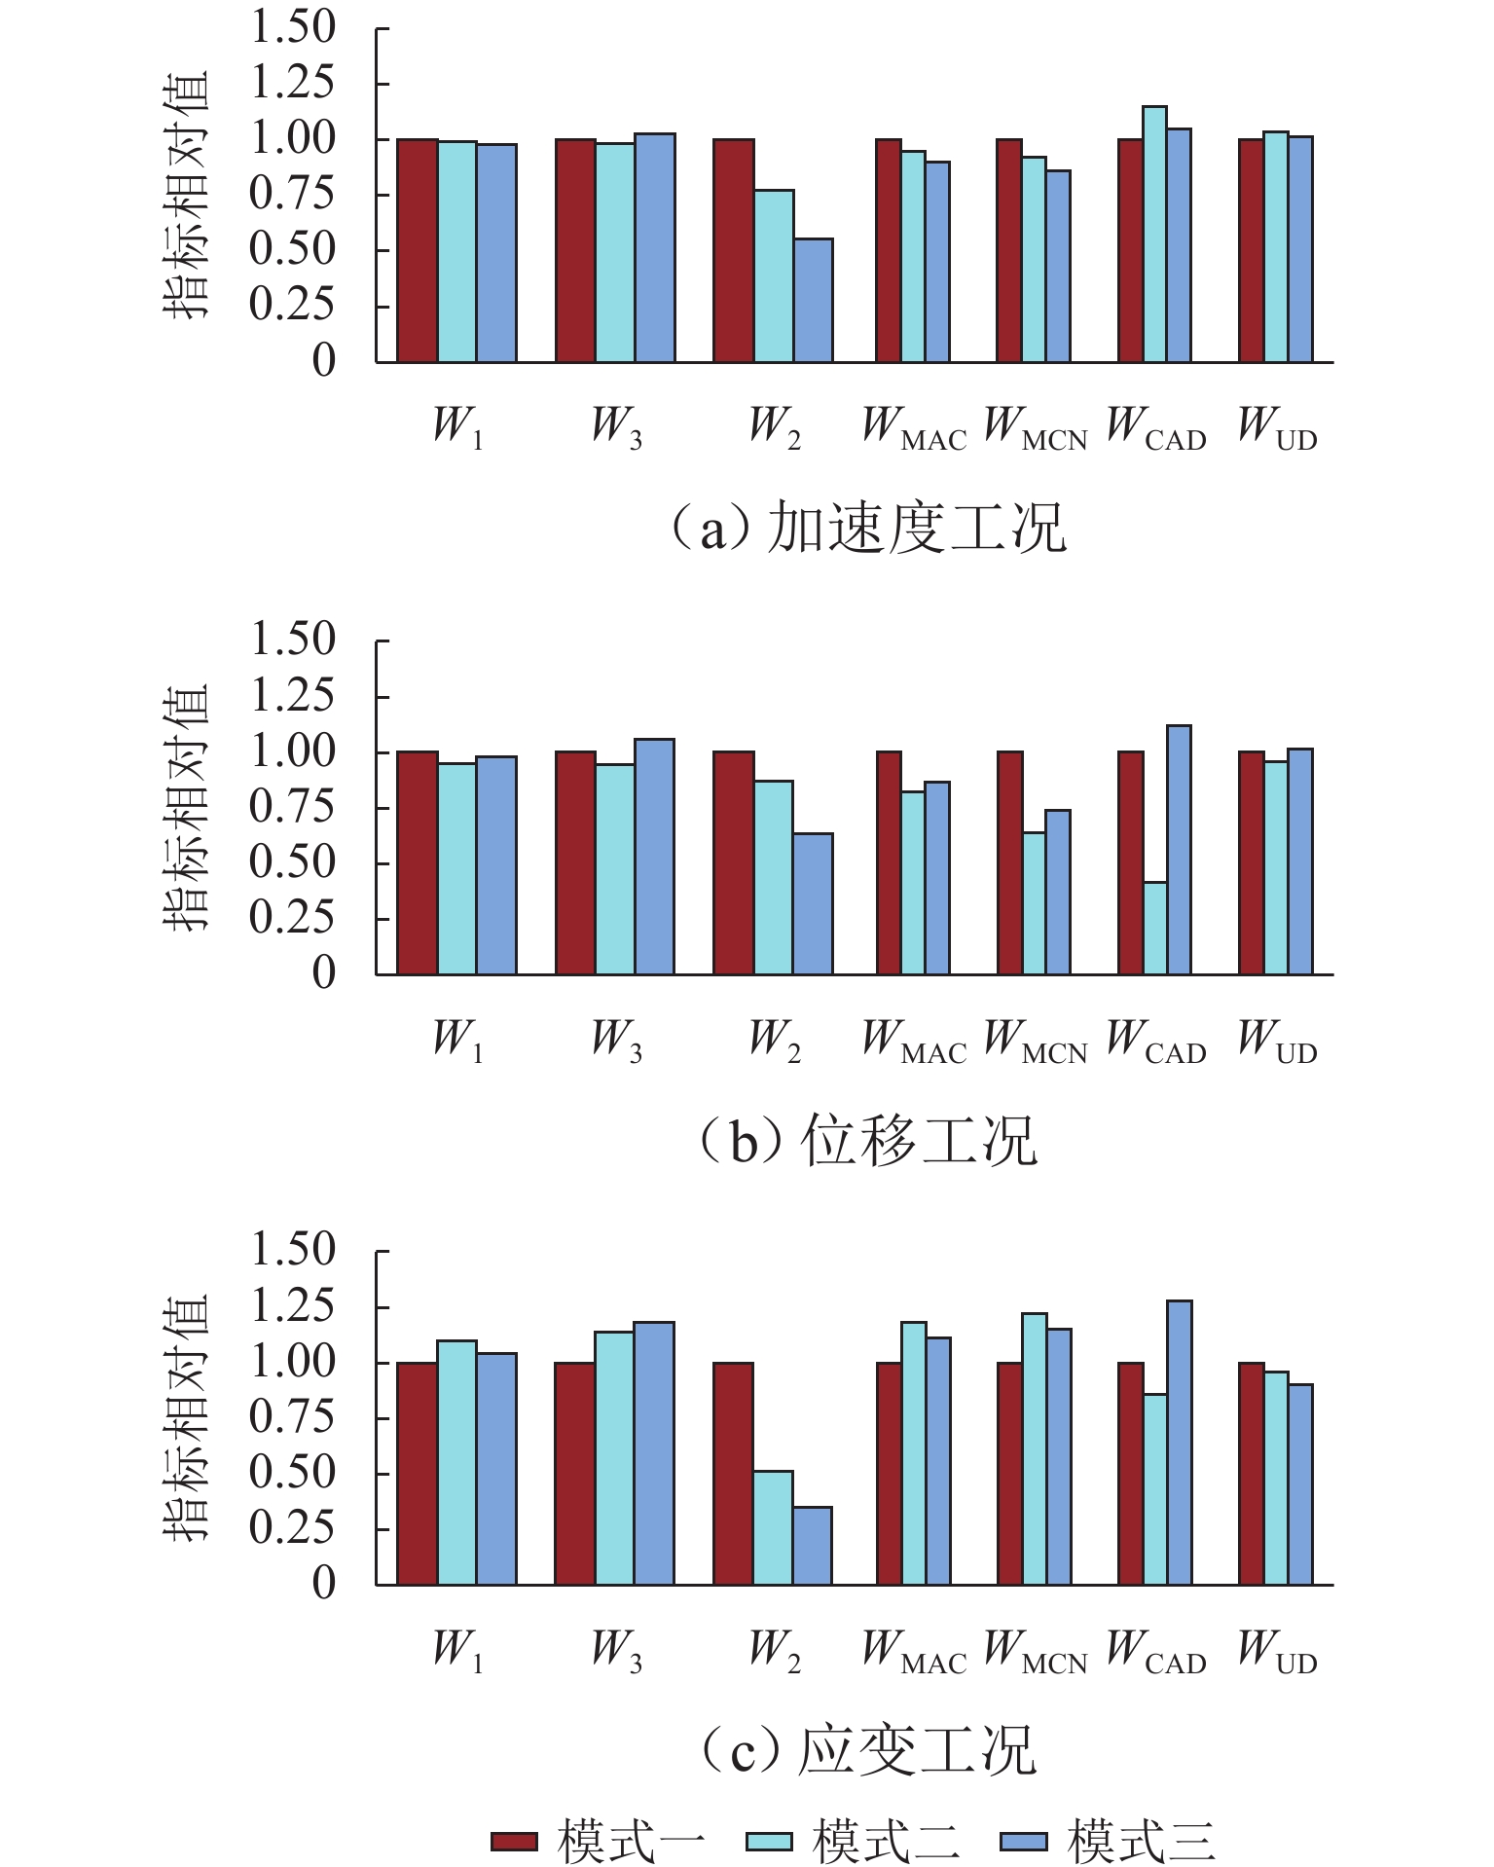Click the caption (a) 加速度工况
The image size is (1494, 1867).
coord(869,529)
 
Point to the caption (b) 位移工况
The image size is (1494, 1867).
coord(869,1140)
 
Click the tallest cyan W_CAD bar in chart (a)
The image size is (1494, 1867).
coord(1154,235)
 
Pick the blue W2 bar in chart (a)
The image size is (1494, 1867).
coord(813,301)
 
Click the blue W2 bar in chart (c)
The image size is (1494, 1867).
coord(813,1546)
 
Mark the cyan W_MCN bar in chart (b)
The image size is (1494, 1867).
coord(1034,903)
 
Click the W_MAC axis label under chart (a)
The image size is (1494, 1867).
coord(915,428)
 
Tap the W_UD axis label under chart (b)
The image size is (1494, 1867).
coord(1277,1040)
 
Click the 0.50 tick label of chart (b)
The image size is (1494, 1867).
coord(293,862)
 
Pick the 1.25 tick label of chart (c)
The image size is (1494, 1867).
coord(293,1306)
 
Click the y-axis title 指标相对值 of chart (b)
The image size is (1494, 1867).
coord(185,807)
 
